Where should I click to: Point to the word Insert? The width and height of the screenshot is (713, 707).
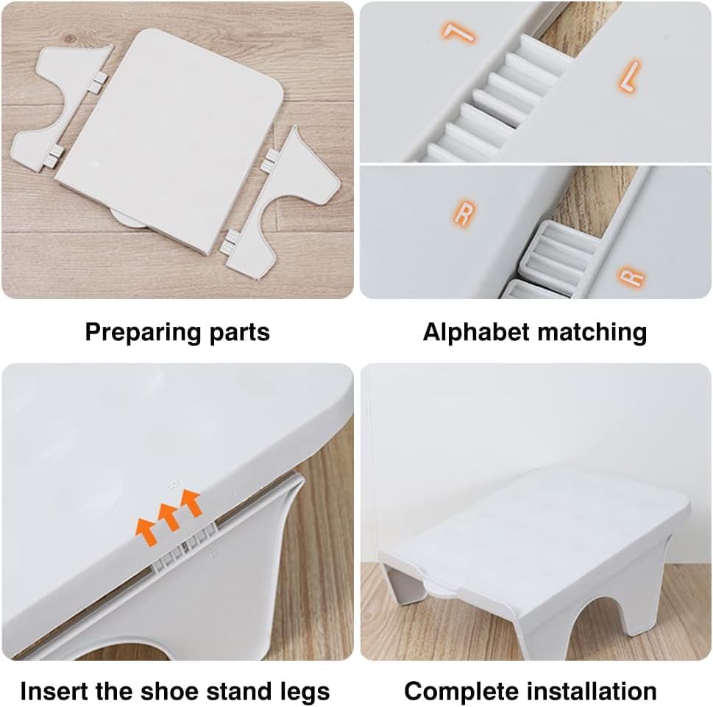pos(51,692)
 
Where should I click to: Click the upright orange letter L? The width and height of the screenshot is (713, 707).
pos(629,75)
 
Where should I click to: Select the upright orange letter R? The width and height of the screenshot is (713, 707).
pos(464,214)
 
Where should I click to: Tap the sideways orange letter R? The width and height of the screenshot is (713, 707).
pos(632,279)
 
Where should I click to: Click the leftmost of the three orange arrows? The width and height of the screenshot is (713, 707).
pos(144,527)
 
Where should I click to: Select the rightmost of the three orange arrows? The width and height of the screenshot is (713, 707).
pos(191,504)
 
